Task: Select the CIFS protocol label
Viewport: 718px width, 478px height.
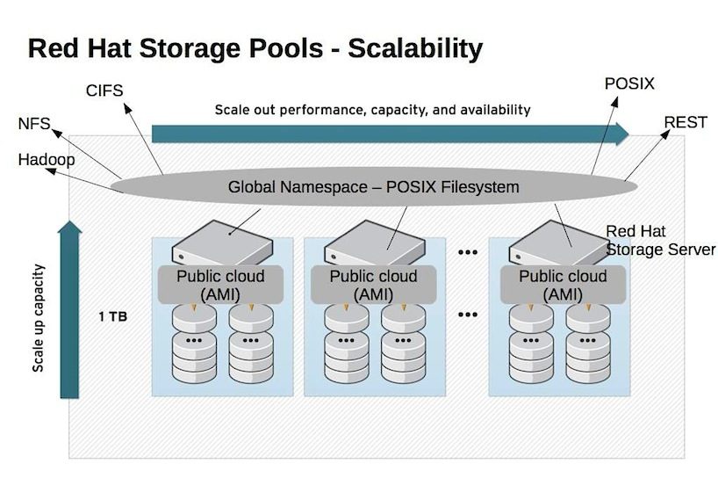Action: pyautogui.click(x=104, y=91)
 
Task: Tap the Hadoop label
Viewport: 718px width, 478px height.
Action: pyautogui.click(x=46, y=160)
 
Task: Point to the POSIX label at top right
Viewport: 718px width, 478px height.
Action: pyautogui.click(x=629, y=84)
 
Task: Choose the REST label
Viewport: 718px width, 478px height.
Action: pyautogui.click(x=685, y=122)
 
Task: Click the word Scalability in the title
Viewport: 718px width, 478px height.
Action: pyautogui.click(x=415, y=48)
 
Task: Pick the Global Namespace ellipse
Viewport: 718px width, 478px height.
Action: pyautogui.click(x=373, y=187)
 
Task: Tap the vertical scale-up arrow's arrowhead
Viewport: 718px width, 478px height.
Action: pyautogui.click(x=70, y=230)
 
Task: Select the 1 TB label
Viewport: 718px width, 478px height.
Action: pyautogui.click(x=113, y=315)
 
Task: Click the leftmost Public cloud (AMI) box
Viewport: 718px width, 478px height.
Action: pyautogui.click(x=220, y=285)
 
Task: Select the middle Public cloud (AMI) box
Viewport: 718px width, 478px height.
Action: pyautogui.click(x=373, y=285)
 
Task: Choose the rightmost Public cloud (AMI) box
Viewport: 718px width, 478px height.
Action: pyautogui.click(x=563, y=285)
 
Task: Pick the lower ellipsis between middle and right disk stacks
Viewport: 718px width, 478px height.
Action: pyautogui.click(x=467, y=314)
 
